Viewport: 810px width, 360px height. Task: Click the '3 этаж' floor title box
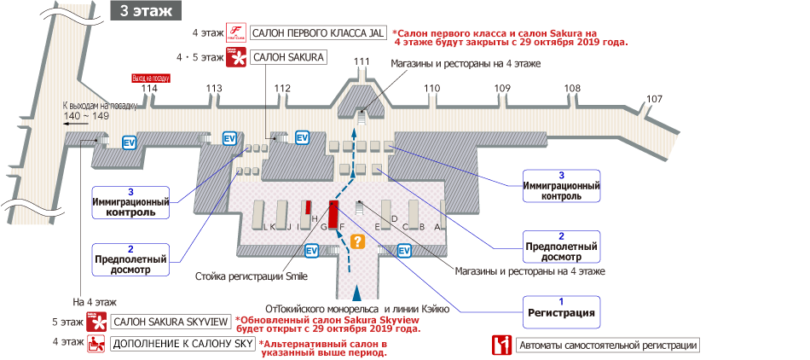tap(147, 10)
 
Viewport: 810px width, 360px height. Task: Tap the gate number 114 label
tap(150, 89)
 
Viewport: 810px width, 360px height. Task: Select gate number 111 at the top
tap(362, 61)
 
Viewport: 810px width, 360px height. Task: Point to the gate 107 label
tap(654, 100)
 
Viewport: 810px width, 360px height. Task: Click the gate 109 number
tap(502, 89)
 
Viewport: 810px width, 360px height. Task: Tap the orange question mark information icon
tap(358, 241)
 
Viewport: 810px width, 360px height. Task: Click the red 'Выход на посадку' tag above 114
tap(150, 77)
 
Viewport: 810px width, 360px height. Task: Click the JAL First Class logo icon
tap(236, 33)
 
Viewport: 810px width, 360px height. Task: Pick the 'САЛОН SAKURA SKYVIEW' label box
tap(171, 322)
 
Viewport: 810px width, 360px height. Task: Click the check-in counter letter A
tap(437, 227)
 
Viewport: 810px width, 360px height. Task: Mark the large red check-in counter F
tap(334, 213)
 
